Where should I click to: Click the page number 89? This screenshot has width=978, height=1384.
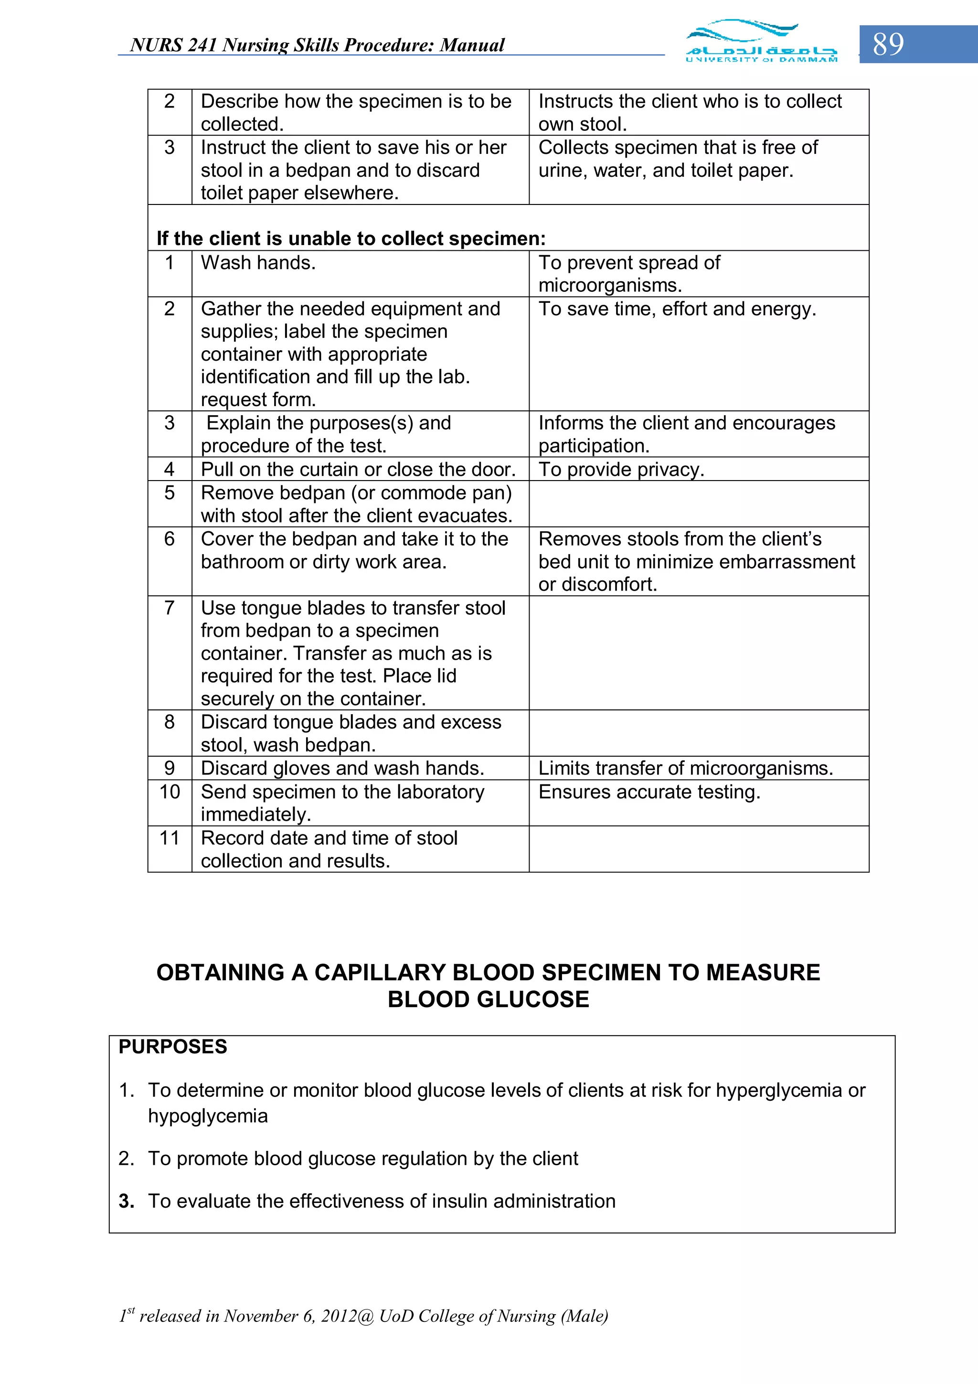[888, 44]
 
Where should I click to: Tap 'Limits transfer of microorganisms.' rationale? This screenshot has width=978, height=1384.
[685, 768]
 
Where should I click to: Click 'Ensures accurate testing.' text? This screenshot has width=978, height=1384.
[649, 792]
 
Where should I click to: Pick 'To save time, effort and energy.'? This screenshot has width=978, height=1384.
[677, 309]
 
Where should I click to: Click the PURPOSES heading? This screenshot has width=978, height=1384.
[173, 1046]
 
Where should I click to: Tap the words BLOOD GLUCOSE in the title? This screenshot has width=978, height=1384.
[488, 999]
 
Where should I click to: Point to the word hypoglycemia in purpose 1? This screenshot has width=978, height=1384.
[208, 1116]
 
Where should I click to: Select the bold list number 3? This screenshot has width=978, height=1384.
[126, 1202]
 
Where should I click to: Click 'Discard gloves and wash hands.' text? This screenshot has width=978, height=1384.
[342, 768]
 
